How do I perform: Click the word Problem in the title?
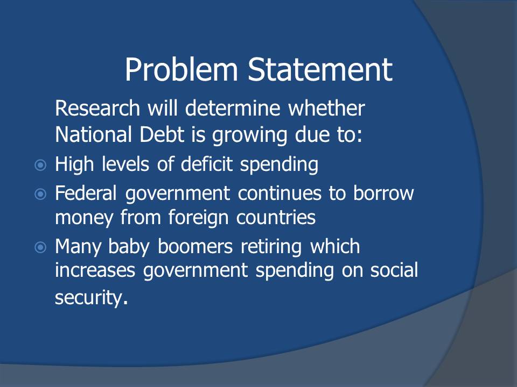pyautogui.click(x=181, y=69)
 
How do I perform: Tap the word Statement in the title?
pyautogui.click(x=320, y=69)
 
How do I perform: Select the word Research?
pyautogui.click(x=97, y=108)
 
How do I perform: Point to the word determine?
pyautogui.click(x=233, y=108)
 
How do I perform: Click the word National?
pyautogui.click(x=94, y=134)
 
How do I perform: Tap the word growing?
pyautogui.click(x=249, y=136)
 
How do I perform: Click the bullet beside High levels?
pyautogui.click(x=40, y=165)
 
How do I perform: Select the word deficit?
pyautogui.click(x=207, y=164)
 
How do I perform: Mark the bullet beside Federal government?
pyautogui.click(x=40, y=194)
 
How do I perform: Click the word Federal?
pyautogui.click(x=86, y=193)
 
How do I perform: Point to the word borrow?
pyautogui.click(x=383, y=193)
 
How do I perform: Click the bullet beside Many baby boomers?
pyautogui.click(x=40, y=247)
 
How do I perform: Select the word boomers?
pyautogui.click(x=195, y=247)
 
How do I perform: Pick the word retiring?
pyautogui.click(x=271, y=247)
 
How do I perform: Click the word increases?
pyautogui.click(x=95, y=270)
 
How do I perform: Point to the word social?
pyautogui.click(x=394, y=270)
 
